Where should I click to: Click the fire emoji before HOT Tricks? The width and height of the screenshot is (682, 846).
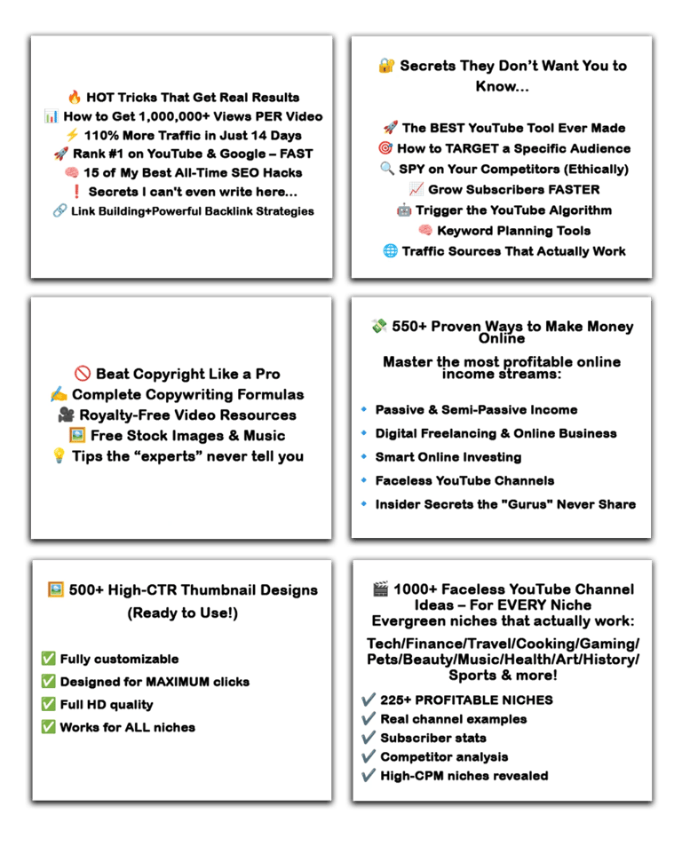(x=75, y=98)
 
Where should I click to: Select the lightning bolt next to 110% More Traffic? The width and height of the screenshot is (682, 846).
(x=72, y=136)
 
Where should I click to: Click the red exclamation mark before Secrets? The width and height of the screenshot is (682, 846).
(x=76, y=192)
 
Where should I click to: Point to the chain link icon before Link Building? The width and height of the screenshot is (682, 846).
(x=59, y=211)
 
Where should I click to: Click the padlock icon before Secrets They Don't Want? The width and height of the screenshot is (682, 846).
(x=386, y=66)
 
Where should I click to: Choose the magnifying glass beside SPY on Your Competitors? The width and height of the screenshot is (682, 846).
(x=386, y=169)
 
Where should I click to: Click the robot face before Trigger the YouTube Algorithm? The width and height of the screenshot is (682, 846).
(x=405, y=210)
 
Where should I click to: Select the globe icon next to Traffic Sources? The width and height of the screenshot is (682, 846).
(x=390, y=251)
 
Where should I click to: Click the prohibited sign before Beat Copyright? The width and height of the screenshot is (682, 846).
(x=83, y=374)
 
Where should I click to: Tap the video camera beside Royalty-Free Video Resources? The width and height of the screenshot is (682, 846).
(x=66, y=415)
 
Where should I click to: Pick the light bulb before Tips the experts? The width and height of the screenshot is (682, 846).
(x=59, y=456)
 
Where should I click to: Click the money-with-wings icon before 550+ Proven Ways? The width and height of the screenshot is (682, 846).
(x=379, y=327)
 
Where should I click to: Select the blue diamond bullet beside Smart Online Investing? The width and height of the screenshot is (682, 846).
(x=364, y=457)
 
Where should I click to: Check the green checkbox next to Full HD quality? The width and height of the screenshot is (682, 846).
(x=48, y=705)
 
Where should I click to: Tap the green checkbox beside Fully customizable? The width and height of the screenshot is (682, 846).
(x=48, y=659)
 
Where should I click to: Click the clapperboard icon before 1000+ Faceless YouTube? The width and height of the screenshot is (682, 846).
(x=381, y=589)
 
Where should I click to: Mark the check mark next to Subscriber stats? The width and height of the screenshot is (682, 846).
(x=369, y=738)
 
